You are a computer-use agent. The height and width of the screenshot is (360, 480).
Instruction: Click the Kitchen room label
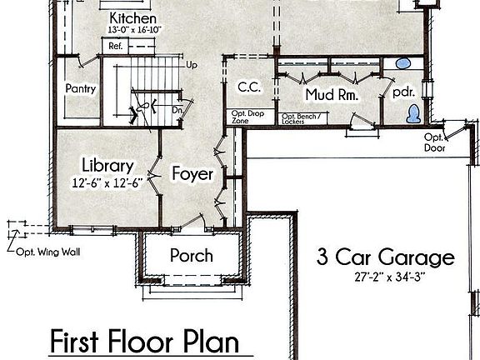[x=134, y=17]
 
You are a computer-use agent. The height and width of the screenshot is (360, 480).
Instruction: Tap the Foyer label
[x=192, y=174]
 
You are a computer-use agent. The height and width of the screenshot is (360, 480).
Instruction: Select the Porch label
[x=191, y=255]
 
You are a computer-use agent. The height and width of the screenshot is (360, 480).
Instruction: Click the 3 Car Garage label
[x=385, y=257]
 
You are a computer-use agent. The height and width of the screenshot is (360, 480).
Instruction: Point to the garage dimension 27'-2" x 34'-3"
[x=385, y=277]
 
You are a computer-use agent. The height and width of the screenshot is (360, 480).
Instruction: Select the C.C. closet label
[x=248, y=87]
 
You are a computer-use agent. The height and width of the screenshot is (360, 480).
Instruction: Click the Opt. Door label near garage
[x=434, y=142]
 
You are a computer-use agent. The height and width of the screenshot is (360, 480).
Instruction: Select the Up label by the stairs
[x=192, y=64]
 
